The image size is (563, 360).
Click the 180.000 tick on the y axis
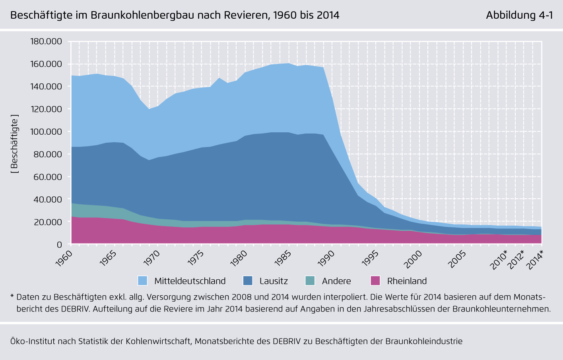click(x=47, y=42)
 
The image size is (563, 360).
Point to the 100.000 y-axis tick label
click(x=47, y=132)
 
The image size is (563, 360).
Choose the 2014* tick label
click(x=535, y=260)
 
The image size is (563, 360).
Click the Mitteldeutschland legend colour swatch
click(x=142, y=281)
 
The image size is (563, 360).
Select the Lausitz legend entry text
click(x=274, y=281)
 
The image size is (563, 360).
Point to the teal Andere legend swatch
click(x=310, y=281)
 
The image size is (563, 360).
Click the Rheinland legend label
click(x=407, y=281)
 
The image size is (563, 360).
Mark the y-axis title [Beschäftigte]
click(x=15, y=144)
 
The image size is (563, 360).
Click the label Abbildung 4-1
click(x=519, y=15)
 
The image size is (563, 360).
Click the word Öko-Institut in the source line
click(x=33, y=341)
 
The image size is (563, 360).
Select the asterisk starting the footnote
click(x=12, y=296)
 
